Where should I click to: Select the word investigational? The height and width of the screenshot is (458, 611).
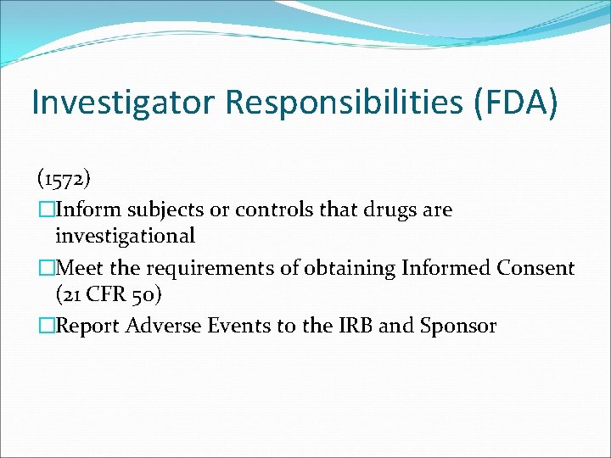125,236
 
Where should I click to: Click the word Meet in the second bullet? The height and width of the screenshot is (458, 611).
80,268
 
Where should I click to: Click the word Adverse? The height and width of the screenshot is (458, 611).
160,326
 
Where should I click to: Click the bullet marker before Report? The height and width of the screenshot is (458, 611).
46,327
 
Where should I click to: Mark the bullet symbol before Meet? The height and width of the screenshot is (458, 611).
46,269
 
